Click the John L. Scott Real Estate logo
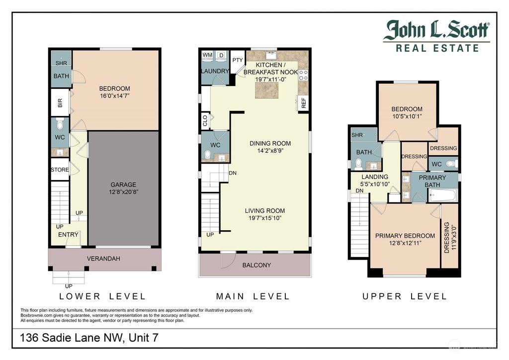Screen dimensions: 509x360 tap(436, 36)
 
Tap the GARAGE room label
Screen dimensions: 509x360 tap(123, 184)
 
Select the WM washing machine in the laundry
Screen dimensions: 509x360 tap(207, 55)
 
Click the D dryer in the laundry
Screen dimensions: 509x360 tap(221, 55)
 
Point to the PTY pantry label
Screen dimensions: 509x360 tap(238, 60)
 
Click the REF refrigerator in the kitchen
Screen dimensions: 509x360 tap(304, 103)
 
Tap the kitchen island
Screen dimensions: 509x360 tap(267, 90)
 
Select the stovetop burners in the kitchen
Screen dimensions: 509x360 tap(303, 75)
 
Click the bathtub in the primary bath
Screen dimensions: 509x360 tap(443, 195)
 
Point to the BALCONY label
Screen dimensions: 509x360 tap(256, 265)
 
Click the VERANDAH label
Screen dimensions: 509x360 tap(103, 259)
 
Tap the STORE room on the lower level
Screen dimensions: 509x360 tap(60, 170)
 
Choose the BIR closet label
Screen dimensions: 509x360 tap(60, 103)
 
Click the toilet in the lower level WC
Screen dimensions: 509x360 tap(60, 124)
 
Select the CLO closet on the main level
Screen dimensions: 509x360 tap(206, 120)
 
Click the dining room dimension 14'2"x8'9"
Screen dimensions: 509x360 tap(270, 151)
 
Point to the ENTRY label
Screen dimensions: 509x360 tap(68, 235)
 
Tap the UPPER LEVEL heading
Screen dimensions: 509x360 tap(405, 296)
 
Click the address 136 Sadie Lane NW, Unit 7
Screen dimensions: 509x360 tap(89, 338)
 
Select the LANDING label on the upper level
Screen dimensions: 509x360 tap(375, 177)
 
